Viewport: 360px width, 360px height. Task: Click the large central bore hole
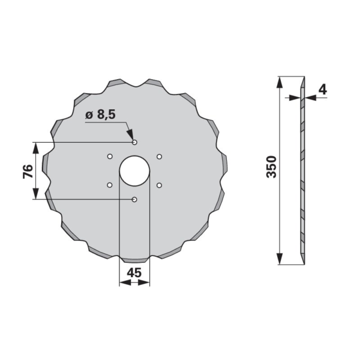tap(134, 171)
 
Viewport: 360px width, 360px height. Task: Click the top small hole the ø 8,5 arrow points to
tap(134, 142)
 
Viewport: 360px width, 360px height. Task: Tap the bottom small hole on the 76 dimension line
tap(134, 199)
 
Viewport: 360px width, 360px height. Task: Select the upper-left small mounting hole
tap(110, 157)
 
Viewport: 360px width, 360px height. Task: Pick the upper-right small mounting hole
tap(160, 157)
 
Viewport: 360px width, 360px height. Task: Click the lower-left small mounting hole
tap(110, 185)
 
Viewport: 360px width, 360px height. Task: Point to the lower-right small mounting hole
tap(160, 185)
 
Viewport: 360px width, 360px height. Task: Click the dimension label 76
tap(28, 171)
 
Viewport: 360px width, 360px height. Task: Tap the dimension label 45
tap(134, 273)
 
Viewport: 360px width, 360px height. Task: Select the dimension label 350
tap(271, 167)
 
